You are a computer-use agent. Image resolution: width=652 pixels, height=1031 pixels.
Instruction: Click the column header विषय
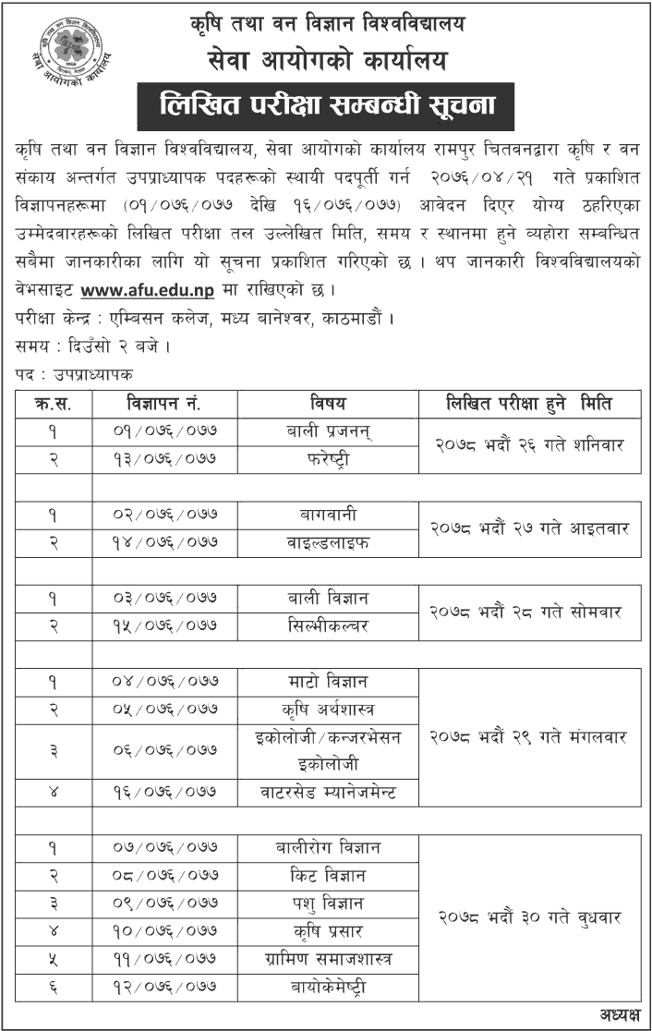(x=328, y=403)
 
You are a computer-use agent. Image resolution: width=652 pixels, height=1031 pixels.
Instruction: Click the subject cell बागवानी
(x=328, y=515)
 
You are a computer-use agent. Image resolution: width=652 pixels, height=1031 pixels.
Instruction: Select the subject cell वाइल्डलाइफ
(x=328, y=542)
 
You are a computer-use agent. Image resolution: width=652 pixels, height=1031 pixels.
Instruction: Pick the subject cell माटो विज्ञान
(x=328, y=682)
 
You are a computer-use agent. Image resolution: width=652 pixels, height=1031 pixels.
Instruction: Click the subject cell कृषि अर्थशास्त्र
(x=328, y=710)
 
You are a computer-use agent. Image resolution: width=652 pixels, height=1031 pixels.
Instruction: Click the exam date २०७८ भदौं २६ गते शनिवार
(x=529, y=443)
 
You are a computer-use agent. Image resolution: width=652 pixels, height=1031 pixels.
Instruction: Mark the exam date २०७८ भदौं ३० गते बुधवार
(x=529, y=917)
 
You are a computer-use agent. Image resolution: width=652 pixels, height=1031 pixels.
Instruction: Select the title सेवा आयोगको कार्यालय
(x=326, y=62)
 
